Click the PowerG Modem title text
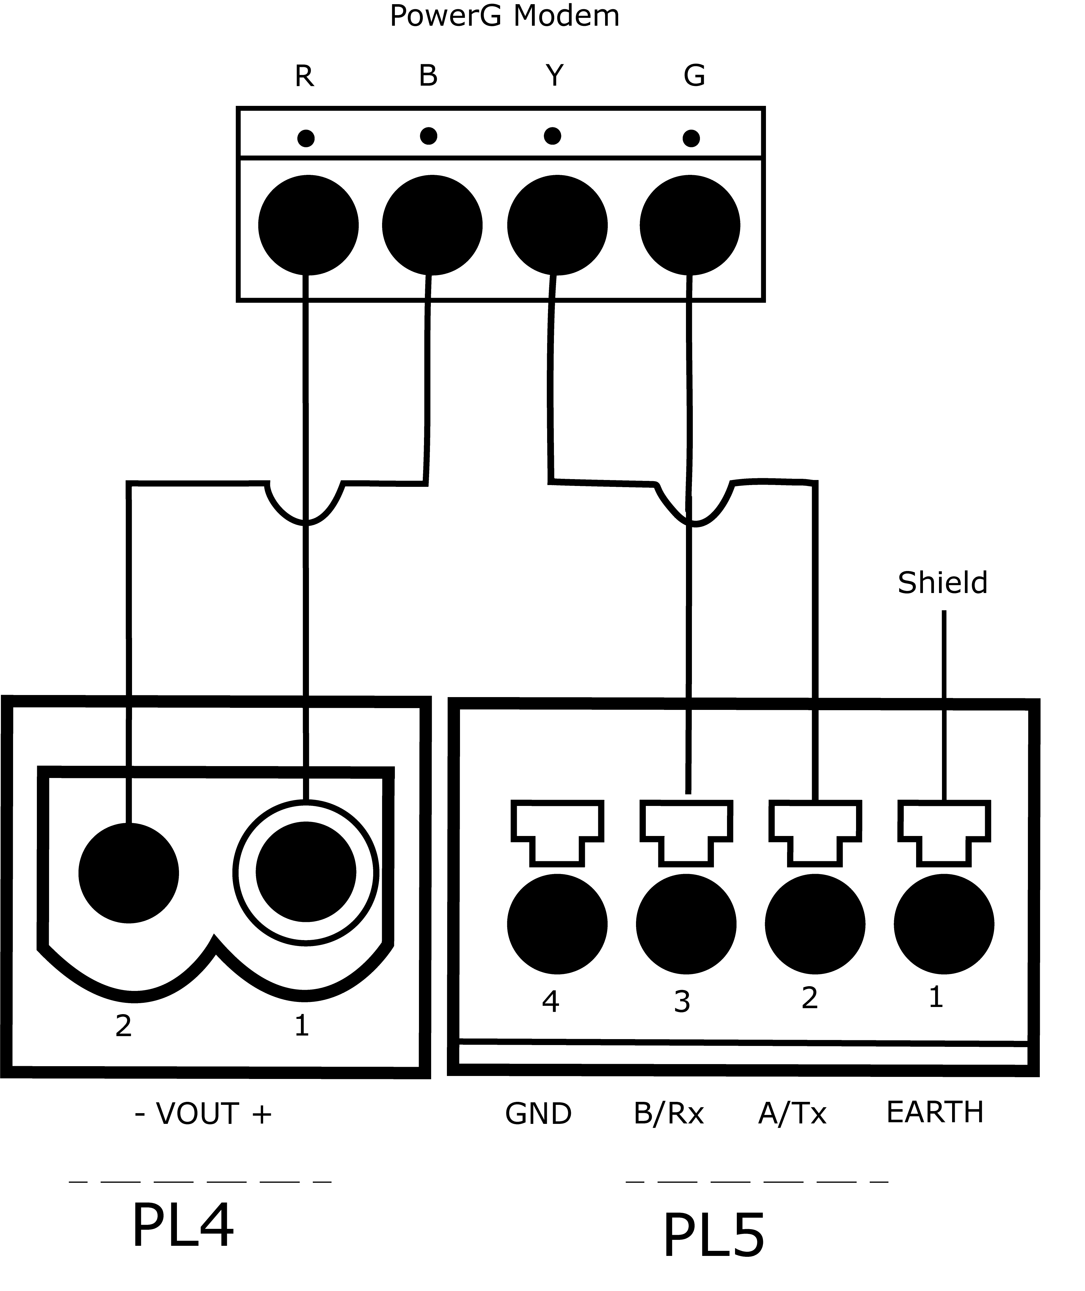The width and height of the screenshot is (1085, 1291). click(x=504, y=16)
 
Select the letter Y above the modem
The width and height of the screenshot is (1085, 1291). click(x=554, y=76)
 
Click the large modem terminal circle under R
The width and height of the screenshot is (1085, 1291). click(x=308, y=225)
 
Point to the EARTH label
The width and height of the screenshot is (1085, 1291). click(x=934, y=1112)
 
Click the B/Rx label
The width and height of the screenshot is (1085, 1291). click(x=669, y=1113)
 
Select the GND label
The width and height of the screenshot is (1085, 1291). click(x=538, y=1113)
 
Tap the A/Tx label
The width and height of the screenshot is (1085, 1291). click(x=792, y=1113)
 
